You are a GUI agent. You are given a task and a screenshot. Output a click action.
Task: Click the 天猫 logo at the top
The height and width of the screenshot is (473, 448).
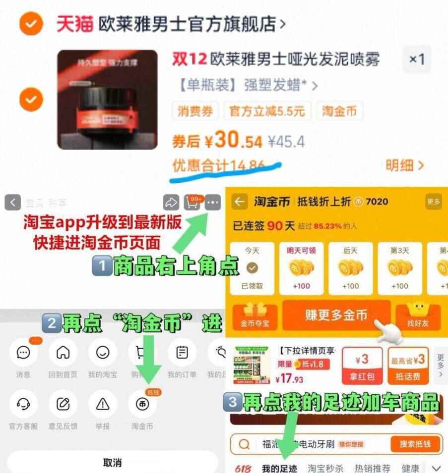tap(74, 23)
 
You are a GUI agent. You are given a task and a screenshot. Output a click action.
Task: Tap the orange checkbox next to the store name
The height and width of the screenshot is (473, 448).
tap(31, 24)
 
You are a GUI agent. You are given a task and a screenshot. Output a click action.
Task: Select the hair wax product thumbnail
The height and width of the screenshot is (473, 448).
tap(108, 100)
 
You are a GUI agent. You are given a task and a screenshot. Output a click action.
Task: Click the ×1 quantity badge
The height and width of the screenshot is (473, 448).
tap(417, 59)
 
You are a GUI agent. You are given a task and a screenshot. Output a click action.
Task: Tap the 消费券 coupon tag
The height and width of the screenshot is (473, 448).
tap(195, 111)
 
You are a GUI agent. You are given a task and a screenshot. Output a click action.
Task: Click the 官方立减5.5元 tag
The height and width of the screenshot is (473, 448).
tap(266, 111)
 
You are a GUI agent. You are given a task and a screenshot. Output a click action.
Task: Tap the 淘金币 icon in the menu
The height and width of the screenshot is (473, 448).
tap(142, 404)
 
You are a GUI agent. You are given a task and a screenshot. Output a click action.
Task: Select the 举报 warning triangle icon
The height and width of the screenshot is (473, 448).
tap(102, 404)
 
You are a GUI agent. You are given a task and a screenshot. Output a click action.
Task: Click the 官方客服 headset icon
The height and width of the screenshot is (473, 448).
tap(23, 404)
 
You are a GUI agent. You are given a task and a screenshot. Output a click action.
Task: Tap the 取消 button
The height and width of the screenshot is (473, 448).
tap(112, 462)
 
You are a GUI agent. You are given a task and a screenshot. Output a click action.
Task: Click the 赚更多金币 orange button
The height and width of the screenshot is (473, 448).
tap(336, 315)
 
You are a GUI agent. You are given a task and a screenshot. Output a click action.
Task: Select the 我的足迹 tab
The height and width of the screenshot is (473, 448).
tap(279, 468)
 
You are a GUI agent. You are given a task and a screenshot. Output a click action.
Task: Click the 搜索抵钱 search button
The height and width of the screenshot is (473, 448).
tap(415, 444)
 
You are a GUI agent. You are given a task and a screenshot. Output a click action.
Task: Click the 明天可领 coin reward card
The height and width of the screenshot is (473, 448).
tap(301, 267)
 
